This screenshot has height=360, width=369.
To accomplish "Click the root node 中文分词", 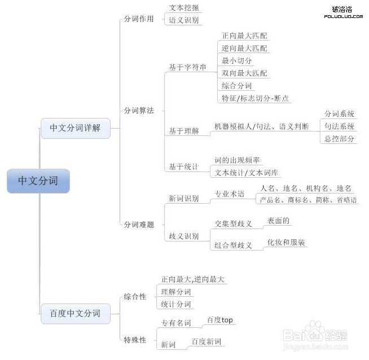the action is (38, 181).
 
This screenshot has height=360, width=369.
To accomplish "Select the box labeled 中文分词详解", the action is (75, 128).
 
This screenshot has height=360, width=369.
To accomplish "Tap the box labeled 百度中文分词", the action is (75, 313).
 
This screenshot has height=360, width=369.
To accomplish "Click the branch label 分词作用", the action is (139, 19).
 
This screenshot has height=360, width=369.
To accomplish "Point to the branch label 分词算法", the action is (139, 111).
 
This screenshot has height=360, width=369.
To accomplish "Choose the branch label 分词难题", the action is (139, 225).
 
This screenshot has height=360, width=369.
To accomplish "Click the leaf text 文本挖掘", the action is (184, 8).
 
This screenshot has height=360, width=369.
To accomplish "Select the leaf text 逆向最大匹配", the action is (244, 48).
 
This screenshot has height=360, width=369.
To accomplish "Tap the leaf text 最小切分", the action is (236, 61).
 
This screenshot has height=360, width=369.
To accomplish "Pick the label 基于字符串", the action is (187, 67).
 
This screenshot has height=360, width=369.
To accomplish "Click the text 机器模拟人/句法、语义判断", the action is (261, 126).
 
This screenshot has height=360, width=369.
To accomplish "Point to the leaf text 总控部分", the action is (339, 139).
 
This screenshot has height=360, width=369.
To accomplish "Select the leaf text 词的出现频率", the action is (237, 160).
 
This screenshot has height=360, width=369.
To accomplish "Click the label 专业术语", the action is (230, 194).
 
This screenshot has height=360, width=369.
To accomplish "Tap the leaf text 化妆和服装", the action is (286, 243).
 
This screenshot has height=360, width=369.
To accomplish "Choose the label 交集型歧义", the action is (233, 224).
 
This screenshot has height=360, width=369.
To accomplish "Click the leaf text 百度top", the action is (220, 320).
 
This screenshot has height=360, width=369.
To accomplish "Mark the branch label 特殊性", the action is (135, 340).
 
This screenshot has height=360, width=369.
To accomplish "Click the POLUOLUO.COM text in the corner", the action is (344, 16).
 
